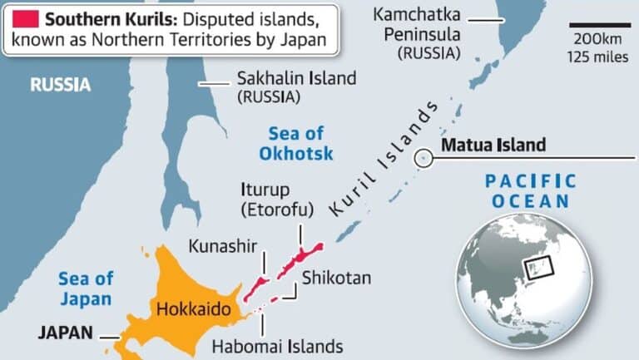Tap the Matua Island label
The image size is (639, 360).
click(x=493, y=145)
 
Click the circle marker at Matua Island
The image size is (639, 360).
click(x=424, y=156)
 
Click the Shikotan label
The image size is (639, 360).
click(x=336, y=277)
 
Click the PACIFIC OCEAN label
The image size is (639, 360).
click(x=530, y=190)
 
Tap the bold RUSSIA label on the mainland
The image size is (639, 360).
click(x=60, y=85)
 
